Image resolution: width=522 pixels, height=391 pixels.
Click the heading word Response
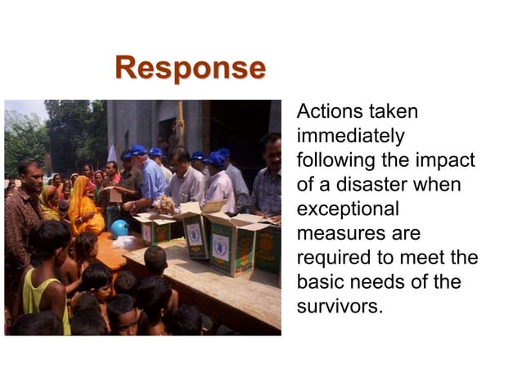coord(190,68)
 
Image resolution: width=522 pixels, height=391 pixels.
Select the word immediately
coord(349,135)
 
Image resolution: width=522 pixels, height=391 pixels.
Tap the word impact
coord(448,160)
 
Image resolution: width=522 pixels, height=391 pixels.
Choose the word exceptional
coord(348,209)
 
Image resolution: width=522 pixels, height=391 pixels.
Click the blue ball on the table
coord(119,228)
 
